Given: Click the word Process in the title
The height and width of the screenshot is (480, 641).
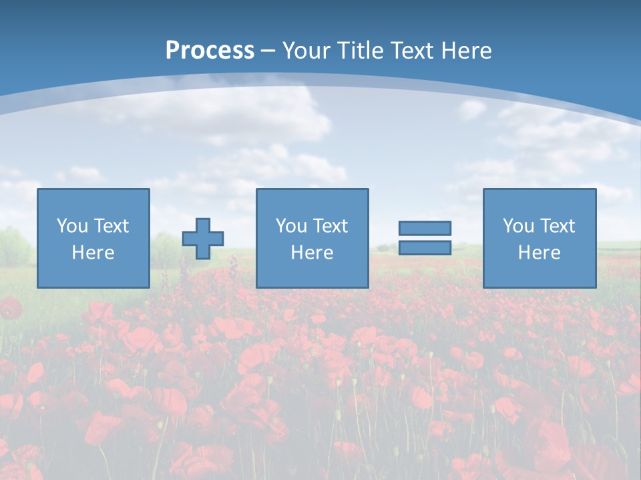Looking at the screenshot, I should tap(210, 51).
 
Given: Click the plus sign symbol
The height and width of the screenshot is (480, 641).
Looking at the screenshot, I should tap(203, 238).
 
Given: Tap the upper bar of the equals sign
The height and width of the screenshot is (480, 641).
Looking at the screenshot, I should tap(425, 228).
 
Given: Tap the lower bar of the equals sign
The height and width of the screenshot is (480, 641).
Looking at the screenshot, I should tap(425, 247).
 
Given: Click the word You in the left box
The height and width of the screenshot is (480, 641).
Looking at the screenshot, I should tap(72, 226).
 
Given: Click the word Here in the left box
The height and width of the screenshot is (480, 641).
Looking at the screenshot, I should tap(93, 253).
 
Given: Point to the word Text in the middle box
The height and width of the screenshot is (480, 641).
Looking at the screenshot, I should tap(331, 226).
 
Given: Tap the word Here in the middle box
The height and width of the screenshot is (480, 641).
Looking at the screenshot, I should tap(312, 253).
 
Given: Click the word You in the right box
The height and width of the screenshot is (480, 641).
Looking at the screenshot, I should tap(518, 226).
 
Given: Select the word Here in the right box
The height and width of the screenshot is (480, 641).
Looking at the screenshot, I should tap(540, 253).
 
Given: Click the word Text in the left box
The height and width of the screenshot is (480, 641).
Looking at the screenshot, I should tap(112, 226).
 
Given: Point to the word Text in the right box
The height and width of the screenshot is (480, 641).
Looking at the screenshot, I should tap(558, 226).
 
